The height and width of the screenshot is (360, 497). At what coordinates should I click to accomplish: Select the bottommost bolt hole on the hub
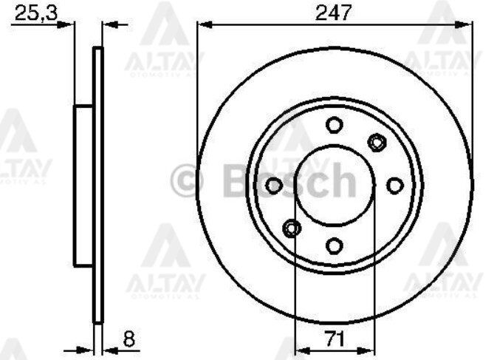[335, 245]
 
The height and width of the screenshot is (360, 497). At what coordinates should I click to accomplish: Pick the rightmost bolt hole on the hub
[395, 185]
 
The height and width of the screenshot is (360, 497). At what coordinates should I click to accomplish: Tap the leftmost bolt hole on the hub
[274, 185]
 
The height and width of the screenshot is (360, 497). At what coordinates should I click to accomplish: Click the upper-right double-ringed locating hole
[377, 140]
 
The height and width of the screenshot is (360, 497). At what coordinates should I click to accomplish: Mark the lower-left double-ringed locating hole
[292, 228]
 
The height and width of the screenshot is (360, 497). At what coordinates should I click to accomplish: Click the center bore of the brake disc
[335, 185]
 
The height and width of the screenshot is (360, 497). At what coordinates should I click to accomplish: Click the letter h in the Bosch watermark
[340, 178]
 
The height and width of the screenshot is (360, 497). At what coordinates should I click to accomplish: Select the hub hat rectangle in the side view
[83, 185]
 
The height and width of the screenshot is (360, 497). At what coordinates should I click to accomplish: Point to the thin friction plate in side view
[97, 185]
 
